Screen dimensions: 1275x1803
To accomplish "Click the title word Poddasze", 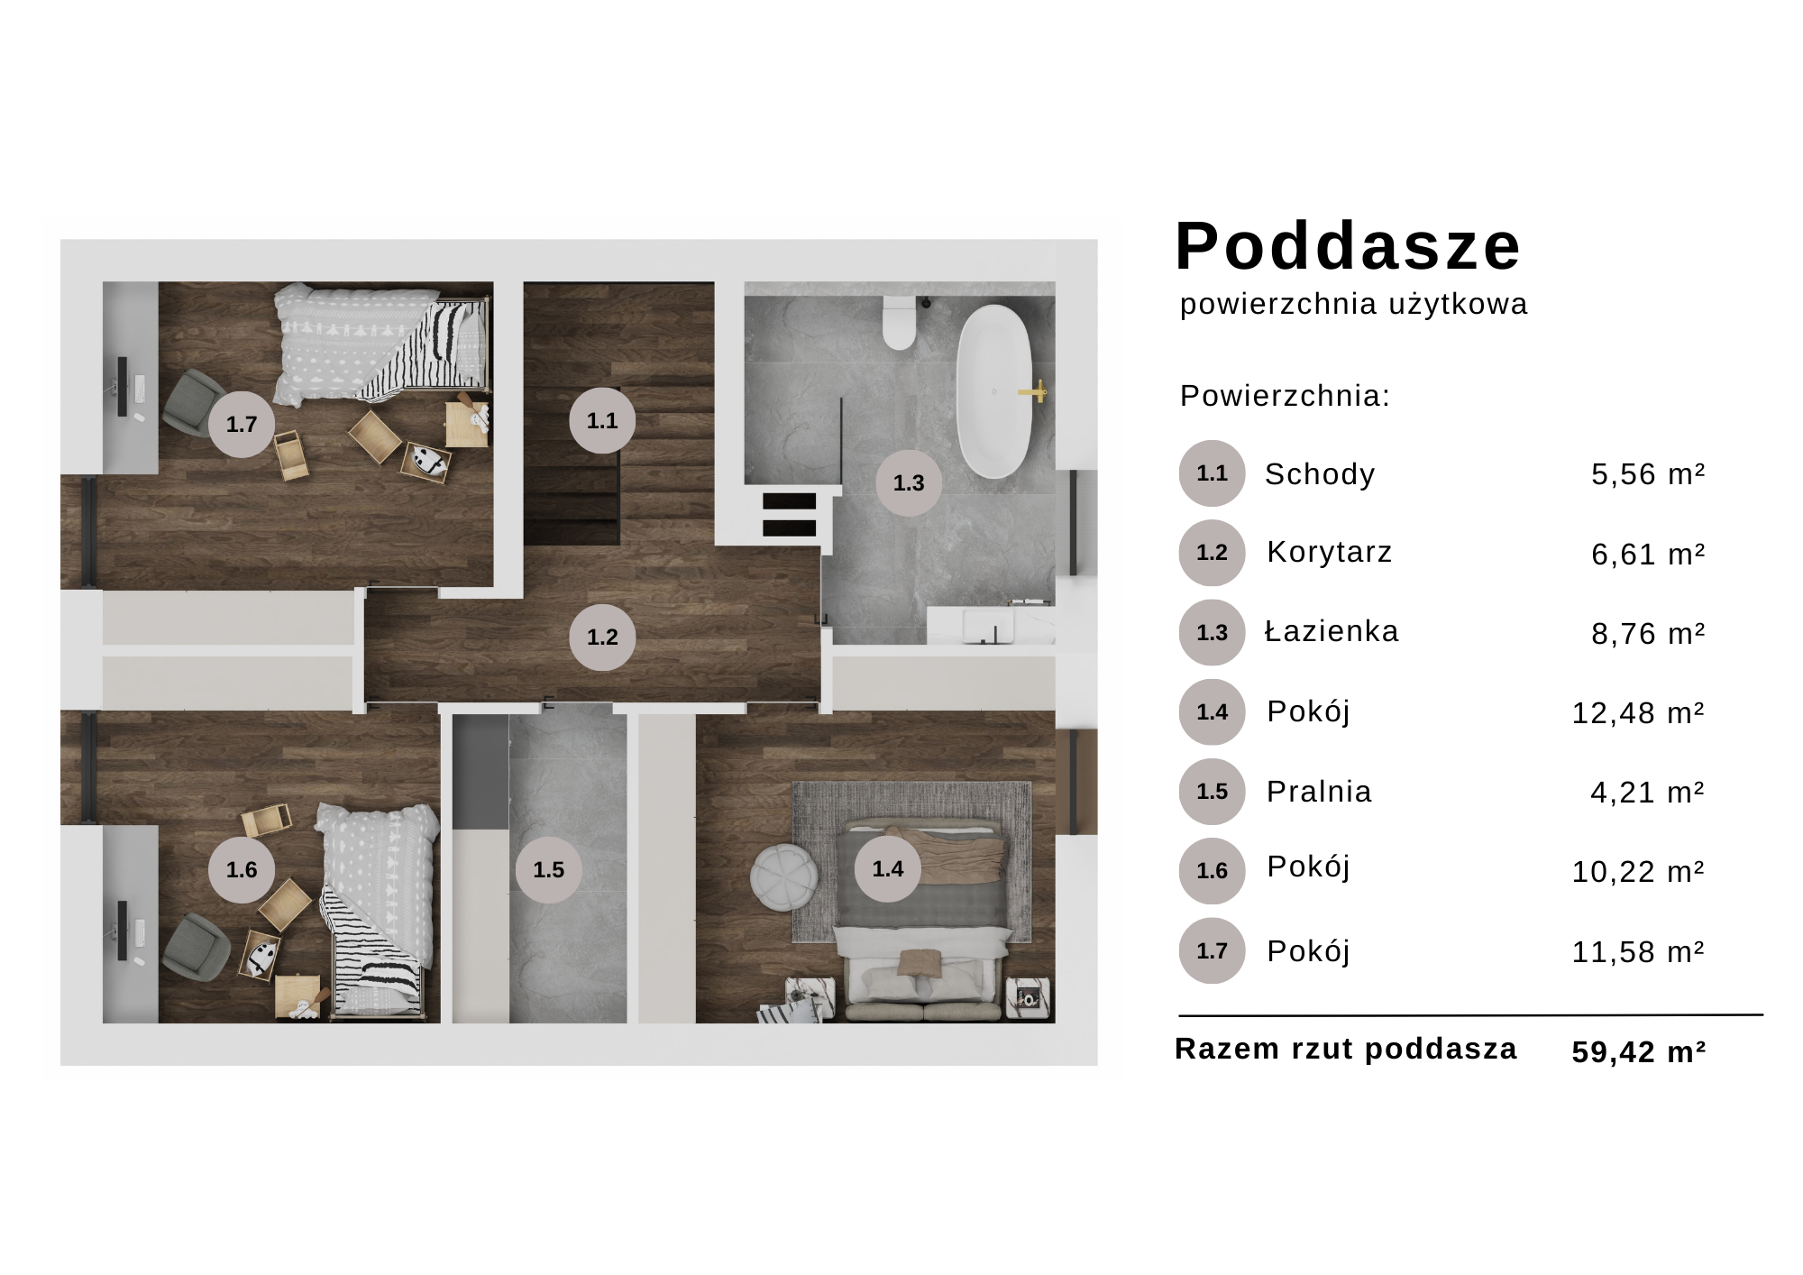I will click(1348, 246).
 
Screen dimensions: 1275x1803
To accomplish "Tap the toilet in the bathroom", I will click(899, 324).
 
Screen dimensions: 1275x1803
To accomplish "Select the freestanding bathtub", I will click(993, 391).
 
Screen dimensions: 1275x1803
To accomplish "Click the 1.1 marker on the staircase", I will click(602, 420).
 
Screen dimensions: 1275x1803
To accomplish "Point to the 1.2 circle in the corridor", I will click(602, 637).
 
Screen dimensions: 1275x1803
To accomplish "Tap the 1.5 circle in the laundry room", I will click(548, 869).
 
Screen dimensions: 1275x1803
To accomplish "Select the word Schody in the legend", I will click(1320, 474).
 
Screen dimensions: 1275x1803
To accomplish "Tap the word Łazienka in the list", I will click(1332, 631).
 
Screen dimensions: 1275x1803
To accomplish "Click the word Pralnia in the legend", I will click(1319, 792).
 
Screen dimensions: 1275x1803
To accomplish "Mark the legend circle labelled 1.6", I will click(1212, 871).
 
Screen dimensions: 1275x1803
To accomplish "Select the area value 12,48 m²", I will click(1638, 713).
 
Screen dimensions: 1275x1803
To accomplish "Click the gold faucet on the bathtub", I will click(1035, 391).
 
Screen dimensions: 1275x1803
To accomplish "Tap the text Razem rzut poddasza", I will click(1346, 1049).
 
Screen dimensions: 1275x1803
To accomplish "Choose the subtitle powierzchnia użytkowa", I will click(1353, 305).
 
